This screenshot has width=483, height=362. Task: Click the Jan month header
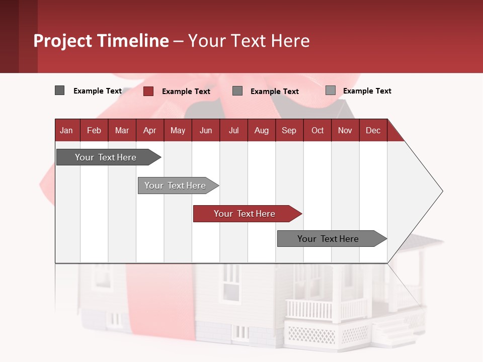point(67,130)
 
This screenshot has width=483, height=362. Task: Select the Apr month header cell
point(150,130)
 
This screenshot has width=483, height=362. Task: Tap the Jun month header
point(206,130)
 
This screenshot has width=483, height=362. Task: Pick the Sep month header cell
point(289,130)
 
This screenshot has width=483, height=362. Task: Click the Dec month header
point(373,130)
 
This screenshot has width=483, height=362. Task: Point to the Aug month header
point(262,130)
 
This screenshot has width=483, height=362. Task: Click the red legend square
point(148,91)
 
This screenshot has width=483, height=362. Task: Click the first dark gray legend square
point(59,90)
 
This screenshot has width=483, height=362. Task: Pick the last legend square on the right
point(331,90)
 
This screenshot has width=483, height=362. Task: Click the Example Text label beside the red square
point(186,92)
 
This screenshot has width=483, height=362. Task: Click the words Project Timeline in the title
point(101,41)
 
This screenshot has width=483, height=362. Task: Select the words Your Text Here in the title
point(249,41)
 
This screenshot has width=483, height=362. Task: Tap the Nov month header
point(345,130)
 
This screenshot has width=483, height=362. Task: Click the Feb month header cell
point(94,130)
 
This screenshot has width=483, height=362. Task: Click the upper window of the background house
point(231,281)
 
